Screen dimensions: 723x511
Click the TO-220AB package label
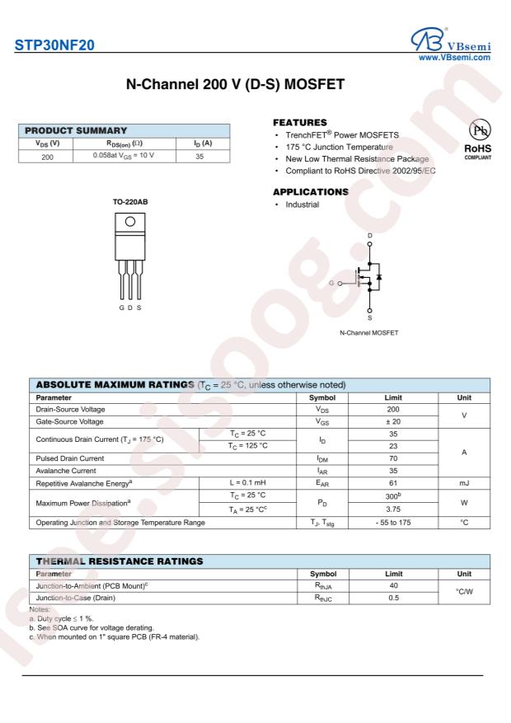pyautogui.click(x=130, y=201)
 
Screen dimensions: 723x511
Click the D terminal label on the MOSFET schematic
pyautogui.click(x=369, y=235)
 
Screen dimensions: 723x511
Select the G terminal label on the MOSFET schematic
pyautogui.click(x=331, y=284)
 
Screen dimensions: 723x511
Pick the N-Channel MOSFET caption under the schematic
pyautogui.click(x=369, y=332)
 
